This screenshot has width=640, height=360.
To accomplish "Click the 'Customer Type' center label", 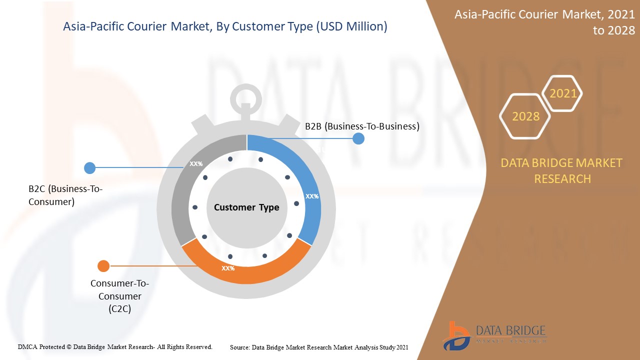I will [x=246, y=207].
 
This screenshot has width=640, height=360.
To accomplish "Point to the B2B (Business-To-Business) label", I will [x=362, y=126].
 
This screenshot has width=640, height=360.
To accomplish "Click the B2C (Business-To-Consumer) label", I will [x=65, y=195].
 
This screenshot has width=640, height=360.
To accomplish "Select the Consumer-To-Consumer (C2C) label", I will [x=119, y=296].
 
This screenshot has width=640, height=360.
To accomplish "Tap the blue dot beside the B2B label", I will [x=358, y=138].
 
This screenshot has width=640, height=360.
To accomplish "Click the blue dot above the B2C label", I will [x=90, y=168].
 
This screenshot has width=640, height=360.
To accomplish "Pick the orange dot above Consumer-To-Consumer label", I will [x=103, y=266].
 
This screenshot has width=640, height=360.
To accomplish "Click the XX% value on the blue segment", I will [x=312, y=196].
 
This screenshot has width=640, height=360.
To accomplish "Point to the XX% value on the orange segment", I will [x=228, y=268].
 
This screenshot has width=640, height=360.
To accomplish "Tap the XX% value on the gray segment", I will [x=196, y=164].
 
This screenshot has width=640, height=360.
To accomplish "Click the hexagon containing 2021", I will [x=562, y=93].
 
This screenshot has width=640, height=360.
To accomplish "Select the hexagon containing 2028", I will [x=525, y=116].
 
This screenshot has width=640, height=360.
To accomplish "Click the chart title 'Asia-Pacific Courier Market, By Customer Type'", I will [x=225, y=27].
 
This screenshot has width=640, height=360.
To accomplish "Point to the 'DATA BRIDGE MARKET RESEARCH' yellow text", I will [x=562, y=170].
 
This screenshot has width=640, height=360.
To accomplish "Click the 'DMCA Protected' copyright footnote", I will [x=115, y=346].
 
